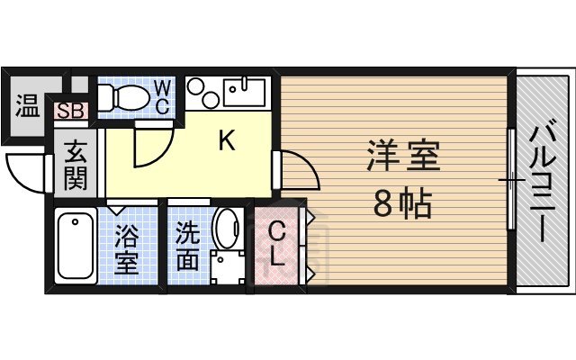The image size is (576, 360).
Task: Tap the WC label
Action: (x=162, y=96)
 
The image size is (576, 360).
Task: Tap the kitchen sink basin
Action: (x=244, y=90)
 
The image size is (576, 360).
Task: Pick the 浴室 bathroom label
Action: (x=126, y=250)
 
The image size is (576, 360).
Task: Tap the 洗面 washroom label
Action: (x=187, y=246)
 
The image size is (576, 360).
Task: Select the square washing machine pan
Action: (x=228, y=266)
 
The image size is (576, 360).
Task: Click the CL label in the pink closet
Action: (x=278, y=245)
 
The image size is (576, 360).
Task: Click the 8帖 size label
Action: (x=402, y=205)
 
